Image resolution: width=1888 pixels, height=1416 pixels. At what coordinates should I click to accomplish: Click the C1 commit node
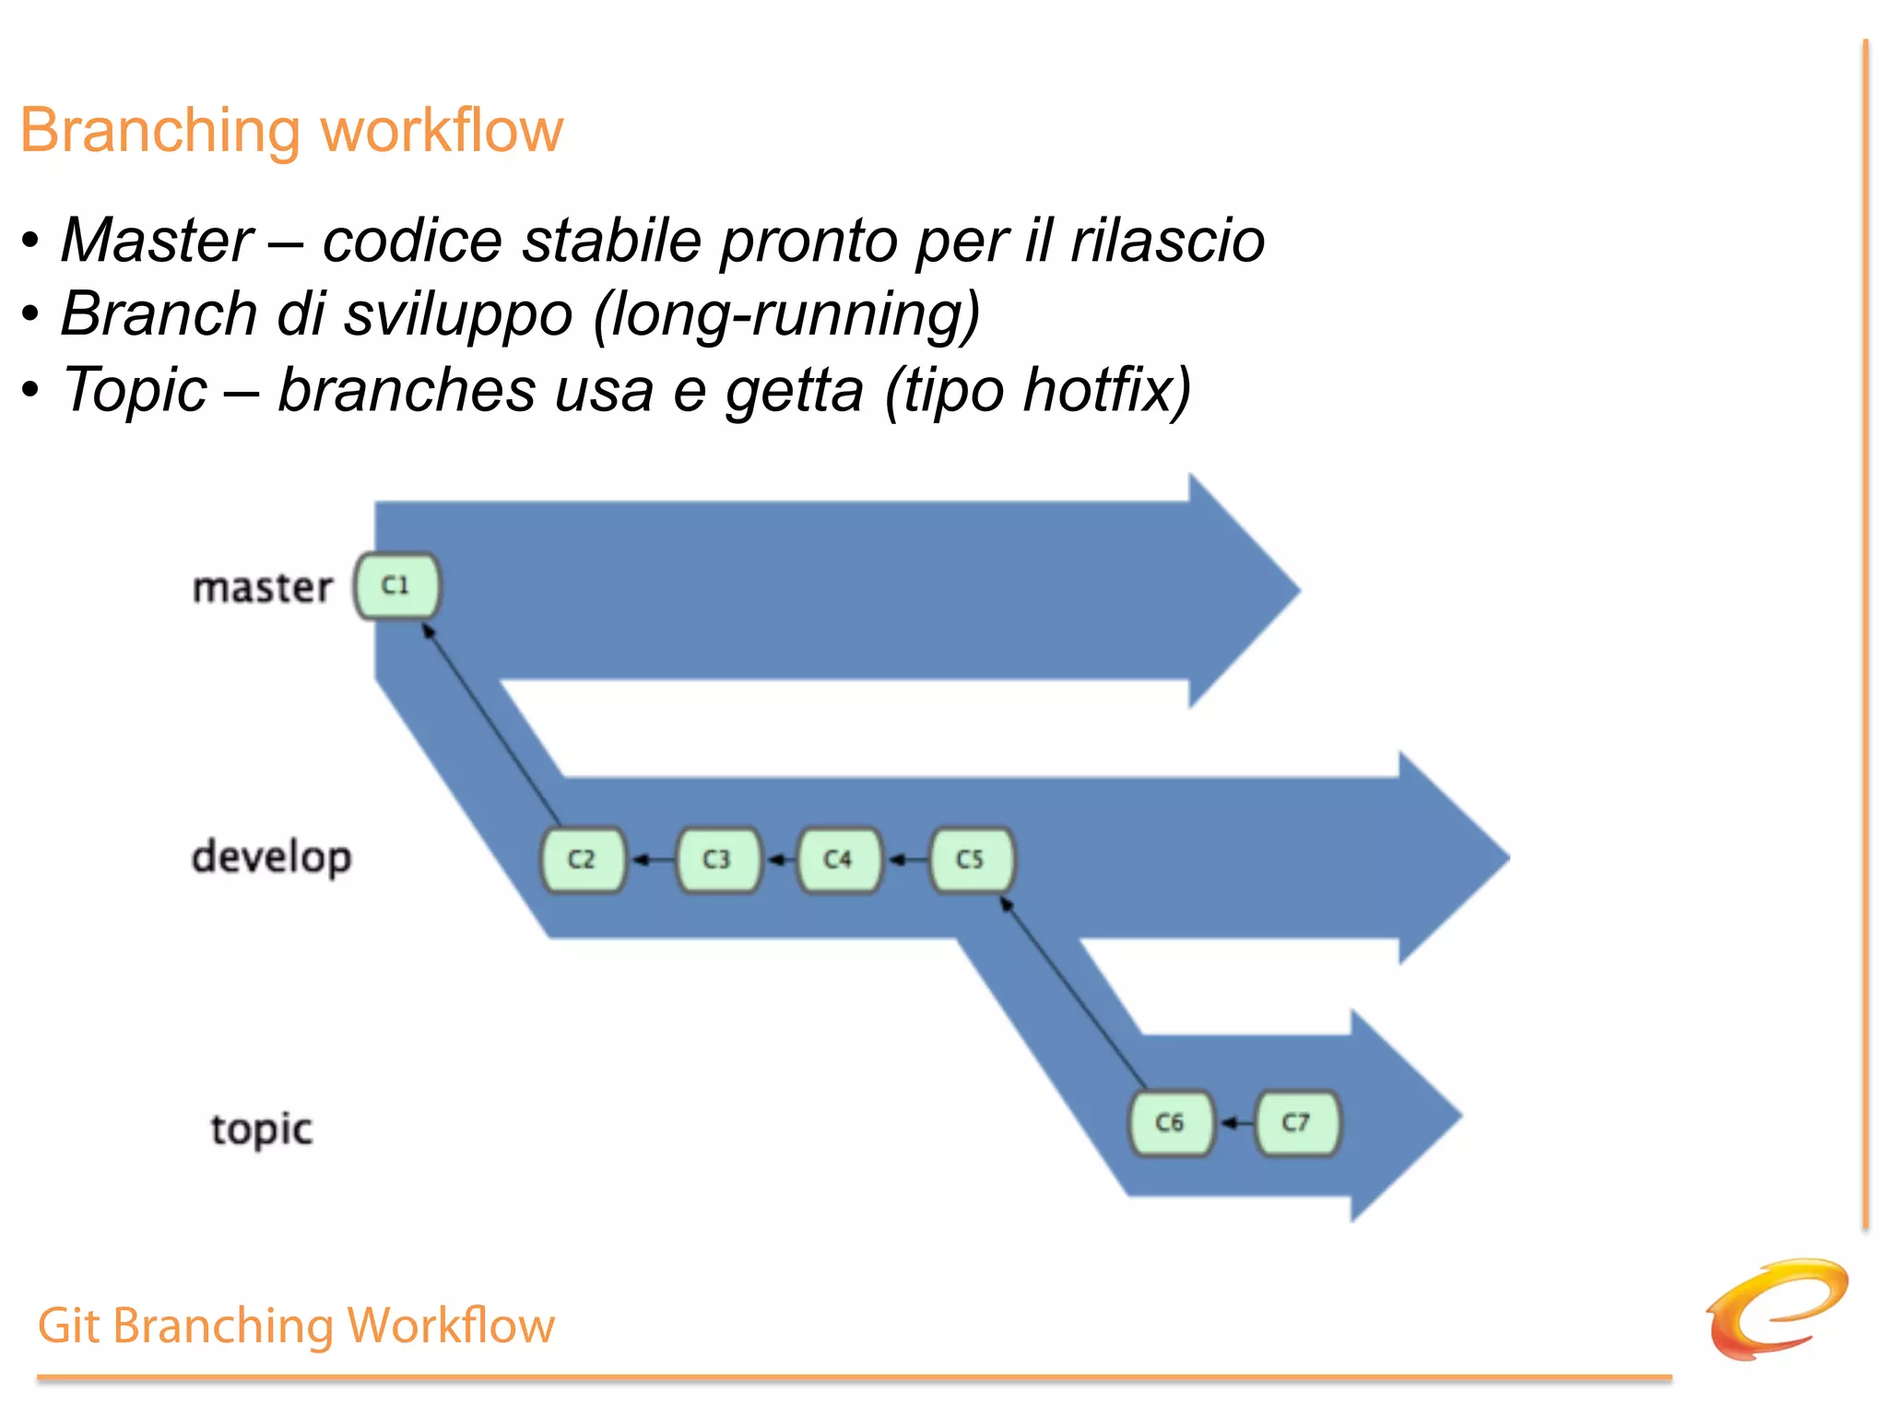coord(397,586)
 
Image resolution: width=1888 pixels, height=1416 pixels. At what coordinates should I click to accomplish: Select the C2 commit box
coord(583,860)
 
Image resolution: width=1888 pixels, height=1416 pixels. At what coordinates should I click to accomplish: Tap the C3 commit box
coord(718,860)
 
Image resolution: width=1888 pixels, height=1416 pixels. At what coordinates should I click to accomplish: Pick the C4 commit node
coord(839,860)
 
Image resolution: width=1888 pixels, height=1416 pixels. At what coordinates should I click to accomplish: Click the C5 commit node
coord(972,860)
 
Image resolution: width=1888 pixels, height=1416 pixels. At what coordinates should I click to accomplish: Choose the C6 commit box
coord(1171,1123)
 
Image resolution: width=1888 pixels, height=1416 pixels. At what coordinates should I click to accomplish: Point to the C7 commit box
coord(1297,1123)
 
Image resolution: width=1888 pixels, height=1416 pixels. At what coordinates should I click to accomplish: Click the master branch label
coord(262,588)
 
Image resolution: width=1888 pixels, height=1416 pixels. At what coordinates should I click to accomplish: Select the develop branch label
coord(271,858)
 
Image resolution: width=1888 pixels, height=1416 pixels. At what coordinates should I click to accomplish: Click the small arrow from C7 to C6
coord(1235,1123)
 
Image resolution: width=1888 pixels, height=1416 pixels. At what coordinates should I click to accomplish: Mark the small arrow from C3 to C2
coord(652,860)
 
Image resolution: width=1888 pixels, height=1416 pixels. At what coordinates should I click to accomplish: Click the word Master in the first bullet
coord(157,241)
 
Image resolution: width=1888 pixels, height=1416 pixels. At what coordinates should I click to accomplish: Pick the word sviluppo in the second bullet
coord(458,315)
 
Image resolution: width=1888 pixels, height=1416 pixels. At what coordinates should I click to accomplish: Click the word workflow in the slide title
coord(442,131)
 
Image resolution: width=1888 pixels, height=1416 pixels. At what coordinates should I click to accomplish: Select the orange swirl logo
coord(1776,1308)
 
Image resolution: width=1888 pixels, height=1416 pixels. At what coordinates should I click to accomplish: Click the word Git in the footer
coord(68,1327)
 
